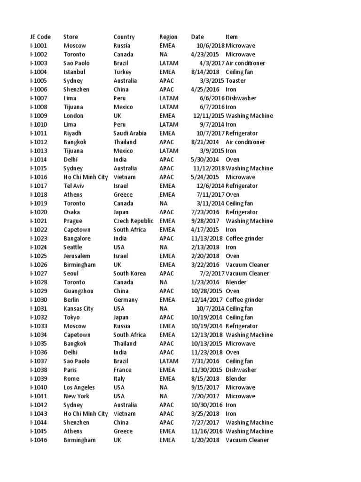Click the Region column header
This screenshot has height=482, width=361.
(168, 37)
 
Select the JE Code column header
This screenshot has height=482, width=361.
(40, 37)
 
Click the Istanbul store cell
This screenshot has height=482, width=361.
(74, 72)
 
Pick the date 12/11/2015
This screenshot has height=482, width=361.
(208, 116)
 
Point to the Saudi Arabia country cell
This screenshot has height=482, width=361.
(130, 133)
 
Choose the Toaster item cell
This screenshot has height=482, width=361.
(235, 80)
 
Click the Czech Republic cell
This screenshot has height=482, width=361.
(133, 221)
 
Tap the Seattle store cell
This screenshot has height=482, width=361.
(73, 247)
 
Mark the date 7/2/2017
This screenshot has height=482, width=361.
(212, 273)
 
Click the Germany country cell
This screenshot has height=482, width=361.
(126, 300)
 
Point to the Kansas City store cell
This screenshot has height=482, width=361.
(78, 309)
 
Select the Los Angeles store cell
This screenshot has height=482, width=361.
(79, 387)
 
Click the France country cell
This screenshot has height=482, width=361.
(122, 370)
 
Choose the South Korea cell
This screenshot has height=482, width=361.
(129, 273)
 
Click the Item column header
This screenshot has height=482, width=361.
(232, 37)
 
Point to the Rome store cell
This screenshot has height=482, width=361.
(71, 379)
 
